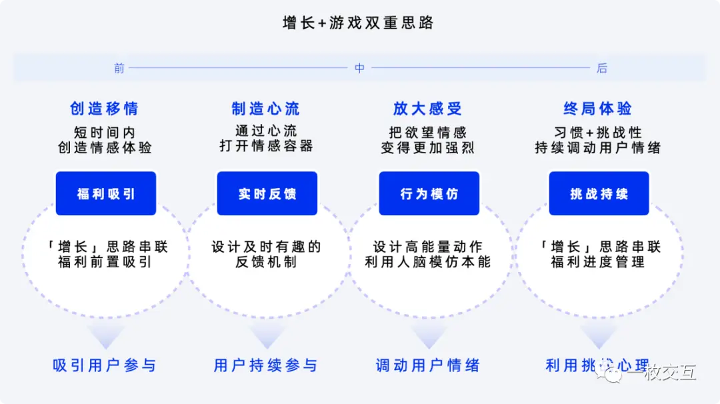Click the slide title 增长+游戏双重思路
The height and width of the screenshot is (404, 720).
[359, 23]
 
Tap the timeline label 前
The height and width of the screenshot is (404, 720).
[119, 68]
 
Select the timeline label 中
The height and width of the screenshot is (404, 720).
[359, 68]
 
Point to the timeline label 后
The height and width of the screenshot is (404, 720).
[601, 68]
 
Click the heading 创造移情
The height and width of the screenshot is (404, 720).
[105, 109]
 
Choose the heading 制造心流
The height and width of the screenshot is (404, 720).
[266, 109]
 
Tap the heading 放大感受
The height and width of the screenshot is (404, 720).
[428, 109]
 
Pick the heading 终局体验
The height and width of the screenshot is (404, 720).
[598, 109]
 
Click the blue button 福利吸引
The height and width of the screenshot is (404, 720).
[106, 194]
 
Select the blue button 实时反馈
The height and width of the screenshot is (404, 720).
[267, 194]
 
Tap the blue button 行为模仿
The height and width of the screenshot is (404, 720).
[429, 194]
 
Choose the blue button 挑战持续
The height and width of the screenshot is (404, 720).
[599, 194]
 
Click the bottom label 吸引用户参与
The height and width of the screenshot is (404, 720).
[105, 365]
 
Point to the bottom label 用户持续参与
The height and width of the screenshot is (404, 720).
[266, 365]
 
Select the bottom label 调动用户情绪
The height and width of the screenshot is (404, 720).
[428, 365]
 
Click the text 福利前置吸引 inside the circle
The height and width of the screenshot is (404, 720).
[105, 263]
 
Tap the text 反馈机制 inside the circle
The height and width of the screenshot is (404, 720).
[266, 263]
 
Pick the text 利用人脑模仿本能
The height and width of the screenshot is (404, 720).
[428, 263]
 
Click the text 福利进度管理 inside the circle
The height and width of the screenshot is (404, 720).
[598, 263]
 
